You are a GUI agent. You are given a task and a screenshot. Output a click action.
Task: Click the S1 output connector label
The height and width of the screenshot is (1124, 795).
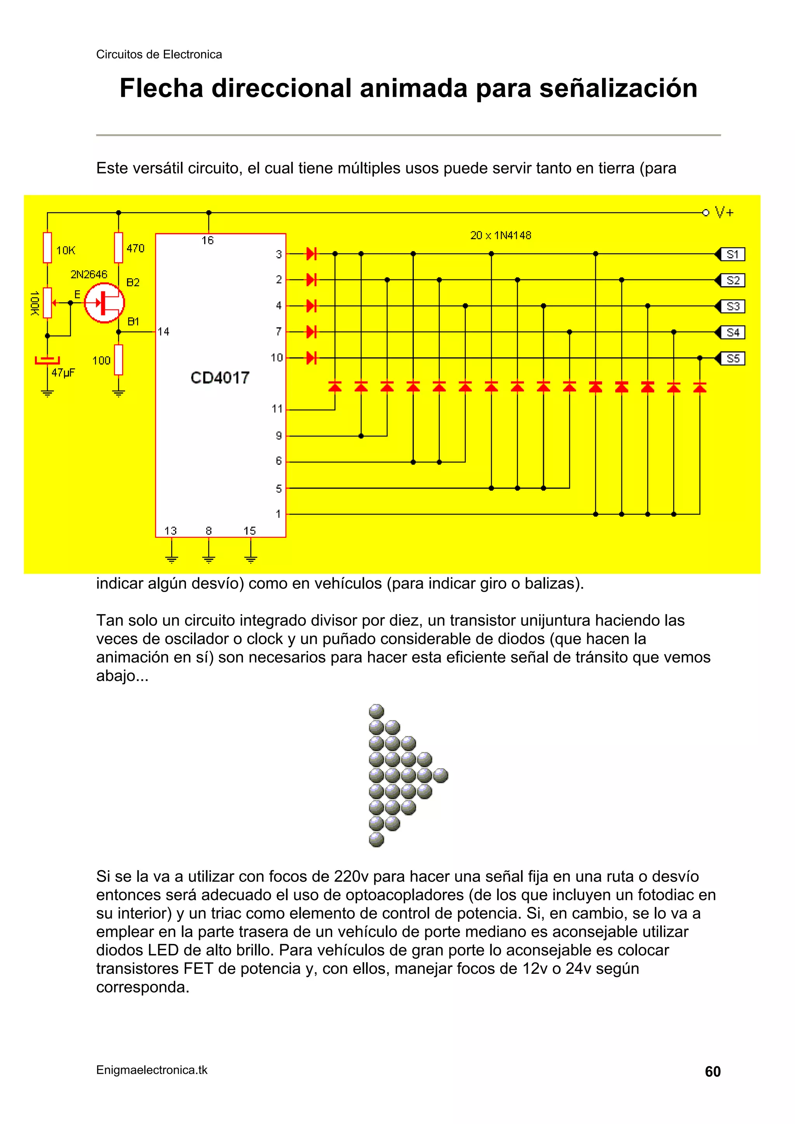732,254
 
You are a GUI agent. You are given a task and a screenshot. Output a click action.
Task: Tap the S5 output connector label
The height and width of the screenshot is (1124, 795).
732,359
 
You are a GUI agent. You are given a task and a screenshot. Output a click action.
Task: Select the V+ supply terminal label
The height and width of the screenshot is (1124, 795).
724,213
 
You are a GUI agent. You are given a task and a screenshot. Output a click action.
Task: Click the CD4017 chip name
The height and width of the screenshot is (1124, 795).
220,378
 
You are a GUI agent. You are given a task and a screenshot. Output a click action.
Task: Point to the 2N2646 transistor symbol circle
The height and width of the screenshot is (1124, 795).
104,303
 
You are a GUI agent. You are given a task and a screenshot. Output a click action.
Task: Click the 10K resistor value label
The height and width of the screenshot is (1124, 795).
66,251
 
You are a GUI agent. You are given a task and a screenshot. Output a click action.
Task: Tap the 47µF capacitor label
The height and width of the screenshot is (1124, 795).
63,372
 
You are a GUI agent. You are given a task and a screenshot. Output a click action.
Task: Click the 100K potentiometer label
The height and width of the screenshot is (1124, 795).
34,303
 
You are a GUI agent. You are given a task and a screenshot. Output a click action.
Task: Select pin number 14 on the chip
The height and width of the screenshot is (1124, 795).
163,332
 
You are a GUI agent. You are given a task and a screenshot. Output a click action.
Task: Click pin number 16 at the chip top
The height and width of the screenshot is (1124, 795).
208,241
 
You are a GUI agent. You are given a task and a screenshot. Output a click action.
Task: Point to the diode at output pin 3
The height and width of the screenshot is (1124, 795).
311,254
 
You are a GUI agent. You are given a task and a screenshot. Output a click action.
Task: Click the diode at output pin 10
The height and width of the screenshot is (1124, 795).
311,358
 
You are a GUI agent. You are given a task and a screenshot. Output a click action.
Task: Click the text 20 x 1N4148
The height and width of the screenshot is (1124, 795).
501,236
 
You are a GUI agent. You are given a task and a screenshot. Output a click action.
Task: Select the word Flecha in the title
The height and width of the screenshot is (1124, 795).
161,88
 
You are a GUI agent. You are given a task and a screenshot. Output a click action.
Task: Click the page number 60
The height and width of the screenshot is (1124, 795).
712,1072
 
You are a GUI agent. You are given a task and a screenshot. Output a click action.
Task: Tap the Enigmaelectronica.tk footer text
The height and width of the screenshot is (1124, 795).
152,1070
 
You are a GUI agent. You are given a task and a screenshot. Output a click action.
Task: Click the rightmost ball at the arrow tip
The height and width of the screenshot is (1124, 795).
441,776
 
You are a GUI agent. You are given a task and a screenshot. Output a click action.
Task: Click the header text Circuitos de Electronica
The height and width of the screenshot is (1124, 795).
159,54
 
